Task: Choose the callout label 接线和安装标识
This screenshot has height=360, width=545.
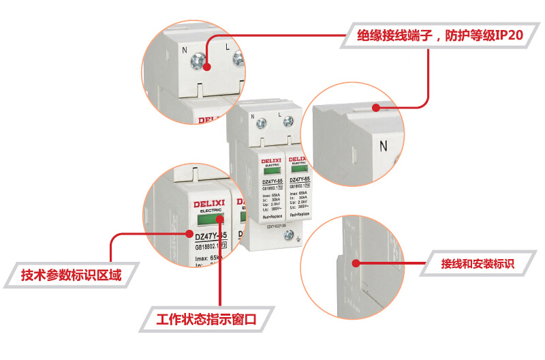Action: [476, 263]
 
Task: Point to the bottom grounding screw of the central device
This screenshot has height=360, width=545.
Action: [289, 235]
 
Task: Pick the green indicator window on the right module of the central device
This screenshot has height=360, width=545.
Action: [299, 170]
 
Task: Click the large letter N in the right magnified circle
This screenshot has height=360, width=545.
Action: [383, 145]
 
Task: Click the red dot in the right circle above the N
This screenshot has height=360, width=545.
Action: [375, 107]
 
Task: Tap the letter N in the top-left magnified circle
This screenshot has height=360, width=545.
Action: [185, 50]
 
